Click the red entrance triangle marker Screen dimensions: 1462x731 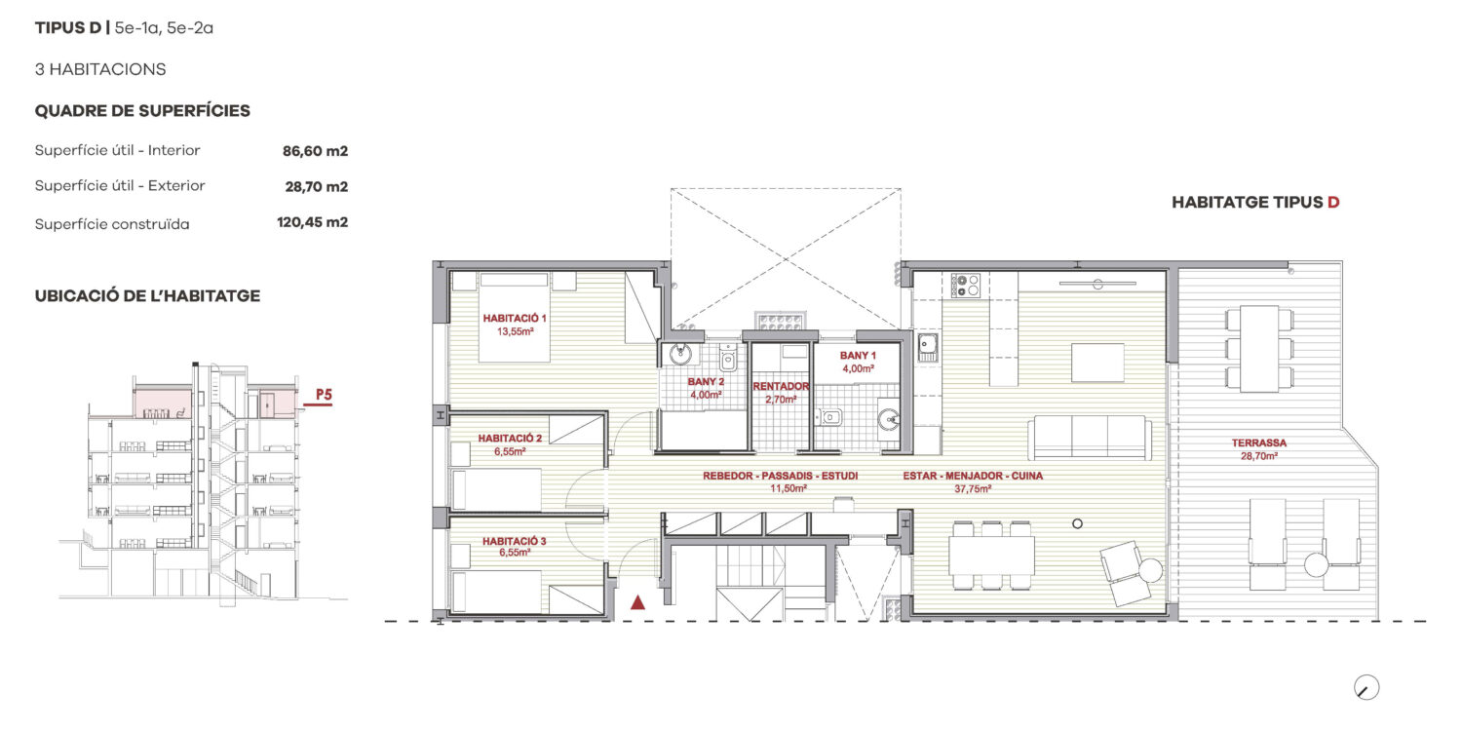tap(637, 602)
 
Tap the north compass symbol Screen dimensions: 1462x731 tap(1366, 688)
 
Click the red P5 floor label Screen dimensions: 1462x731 tap(324, 395)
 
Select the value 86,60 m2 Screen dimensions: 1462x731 tap(315, 151)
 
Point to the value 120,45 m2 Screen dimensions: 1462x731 tap(312, 222)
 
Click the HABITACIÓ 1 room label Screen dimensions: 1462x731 tap(515, 319)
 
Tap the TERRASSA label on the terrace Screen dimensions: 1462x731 tap(1259, 443)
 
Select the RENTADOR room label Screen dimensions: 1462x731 tap(781, 386)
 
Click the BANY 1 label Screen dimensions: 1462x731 tap(858, 356)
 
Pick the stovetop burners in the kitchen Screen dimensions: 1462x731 tap(965, 286)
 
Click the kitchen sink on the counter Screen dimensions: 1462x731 tap(928, 347)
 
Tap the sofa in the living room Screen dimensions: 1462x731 tap(1090, 438)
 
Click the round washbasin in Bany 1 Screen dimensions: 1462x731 tap(888, 420)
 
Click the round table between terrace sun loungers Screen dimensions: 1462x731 tap(1316, 564)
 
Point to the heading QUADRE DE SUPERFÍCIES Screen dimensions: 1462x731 tap(142, 111)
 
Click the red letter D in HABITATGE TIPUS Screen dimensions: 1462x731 tap(1333, 203)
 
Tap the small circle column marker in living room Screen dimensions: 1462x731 tap(1078, 523)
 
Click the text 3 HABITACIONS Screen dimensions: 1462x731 tap(100, 69)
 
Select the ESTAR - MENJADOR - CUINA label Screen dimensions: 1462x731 tap(973, 476)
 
